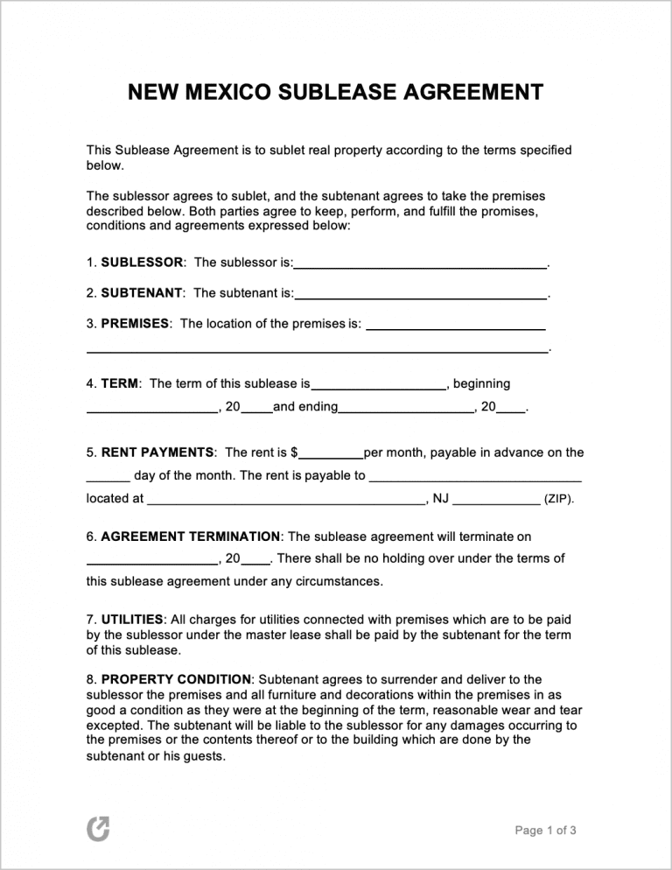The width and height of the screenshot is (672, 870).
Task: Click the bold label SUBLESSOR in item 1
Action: [143, 263]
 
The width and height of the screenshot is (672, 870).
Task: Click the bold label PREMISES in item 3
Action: [136, 324]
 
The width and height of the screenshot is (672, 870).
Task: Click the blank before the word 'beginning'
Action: [379, 386]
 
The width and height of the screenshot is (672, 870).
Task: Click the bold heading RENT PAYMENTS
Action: [157, 453]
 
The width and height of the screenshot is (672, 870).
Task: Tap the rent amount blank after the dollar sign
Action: [331, 456]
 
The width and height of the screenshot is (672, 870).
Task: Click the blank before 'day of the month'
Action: [108, 480]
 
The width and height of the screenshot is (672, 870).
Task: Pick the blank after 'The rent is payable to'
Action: [475, 480]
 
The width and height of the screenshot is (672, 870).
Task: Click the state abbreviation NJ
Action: [439, 499]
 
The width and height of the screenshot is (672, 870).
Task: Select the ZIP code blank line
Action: [497, 502]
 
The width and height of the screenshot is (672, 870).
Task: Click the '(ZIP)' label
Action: [559, 500]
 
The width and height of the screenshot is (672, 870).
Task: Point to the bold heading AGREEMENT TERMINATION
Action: [191, 537]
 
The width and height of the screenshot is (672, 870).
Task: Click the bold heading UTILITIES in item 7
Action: [132, 620]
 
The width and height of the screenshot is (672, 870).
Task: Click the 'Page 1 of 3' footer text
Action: [545, 831]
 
